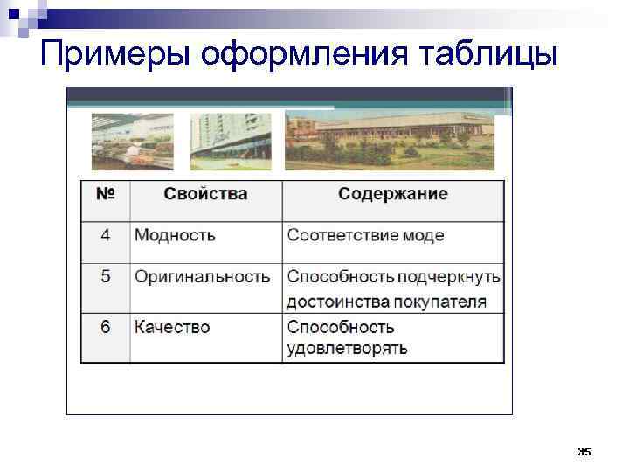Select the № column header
point(105,194)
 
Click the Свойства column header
point(205,194)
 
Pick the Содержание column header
point(392,194)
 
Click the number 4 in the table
point(105,235)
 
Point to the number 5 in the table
point(105,277)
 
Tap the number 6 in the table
point(105,327)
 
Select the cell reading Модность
point(175,235)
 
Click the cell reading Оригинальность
point(202,277)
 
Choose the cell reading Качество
point(172,327)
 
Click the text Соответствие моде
point(365,235)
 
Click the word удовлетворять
point(347,348)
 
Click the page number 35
point(584,451)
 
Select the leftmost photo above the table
point(133,142)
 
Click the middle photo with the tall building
point(231,142)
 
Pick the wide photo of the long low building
point(389,142)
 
